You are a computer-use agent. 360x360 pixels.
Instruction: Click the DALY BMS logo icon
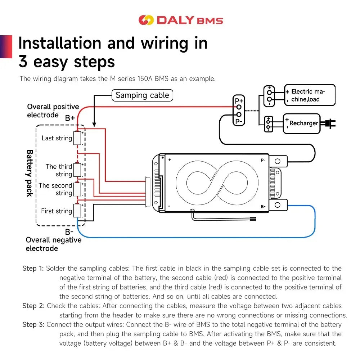coord(146,20)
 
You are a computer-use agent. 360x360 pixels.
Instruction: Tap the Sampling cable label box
coord(142,95)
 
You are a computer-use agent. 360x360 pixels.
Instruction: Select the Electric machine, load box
coord(310,95)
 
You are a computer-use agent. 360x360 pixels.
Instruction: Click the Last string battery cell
coord(77,138)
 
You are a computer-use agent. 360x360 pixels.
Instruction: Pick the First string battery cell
coord(77,211)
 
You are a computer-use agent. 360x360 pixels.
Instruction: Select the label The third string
coord(59,170)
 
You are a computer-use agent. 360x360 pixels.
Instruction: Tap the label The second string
coord(55,189)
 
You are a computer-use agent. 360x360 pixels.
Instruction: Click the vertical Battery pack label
coord(30,173)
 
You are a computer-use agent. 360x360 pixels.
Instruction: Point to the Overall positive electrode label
coord(53,111)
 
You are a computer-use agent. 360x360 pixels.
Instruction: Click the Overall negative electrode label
coord(53,244)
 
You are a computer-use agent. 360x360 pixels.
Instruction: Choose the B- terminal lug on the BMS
coord(278,205)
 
